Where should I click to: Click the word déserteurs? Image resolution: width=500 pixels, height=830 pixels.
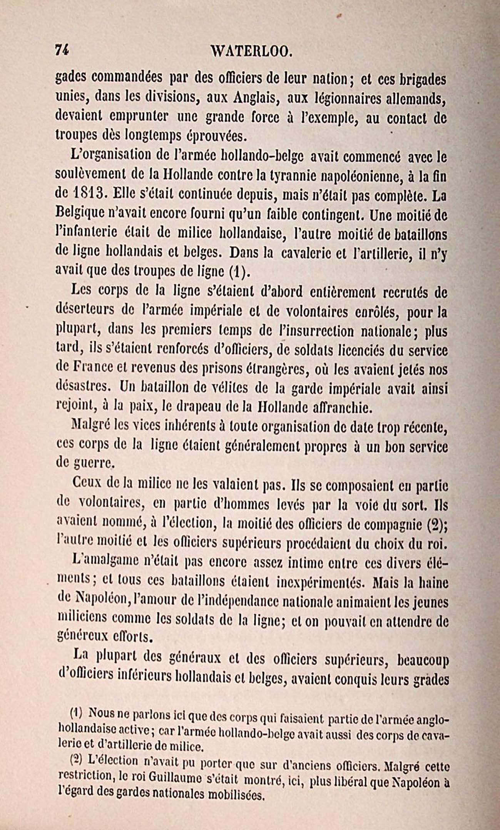click(x=85, y=311)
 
